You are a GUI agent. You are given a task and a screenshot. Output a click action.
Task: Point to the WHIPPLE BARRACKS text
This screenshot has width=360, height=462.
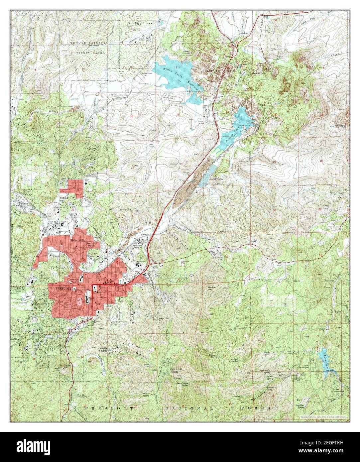point(87,43)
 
